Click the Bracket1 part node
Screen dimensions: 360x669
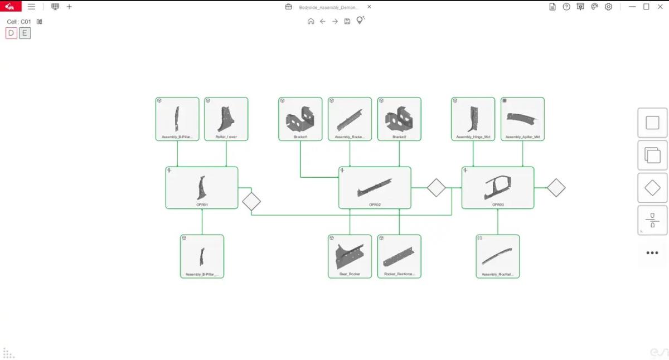point(300,119)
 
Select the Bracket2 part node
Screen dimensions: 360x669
point(399,119)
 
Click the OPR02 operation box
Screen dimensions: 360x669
point(375,188)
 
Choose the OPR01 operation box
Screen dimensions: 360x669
point(202,188)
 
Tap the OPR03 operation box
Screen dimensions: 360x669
point(498,188)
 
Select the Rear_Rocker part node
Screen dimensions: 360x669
point(350,256)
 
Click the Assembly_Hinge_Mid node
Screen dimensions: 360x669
point(473,119)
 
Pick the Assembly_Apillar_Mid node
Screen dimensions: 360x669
point(522,119)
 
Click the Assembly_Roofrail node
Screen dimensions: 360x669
point(498,256)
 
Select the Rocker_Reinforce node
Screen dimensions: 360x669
point(399,256)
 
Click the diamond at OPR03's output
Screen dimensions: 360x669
point(556,188)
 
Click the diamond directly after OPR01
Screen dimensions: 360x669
point(251,201)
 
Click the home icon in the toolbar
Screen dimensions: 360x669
point(311,21)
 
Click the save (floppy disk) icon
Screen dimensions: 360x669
point(347,21)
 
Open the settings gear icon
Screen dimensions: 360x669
point(608,7)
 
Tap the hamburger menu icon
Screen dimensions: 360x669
point(31,7)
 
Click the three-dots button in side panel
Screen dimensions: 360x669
point(652,253)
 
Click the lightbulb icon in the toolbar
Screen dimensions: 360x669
point(360,21)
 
